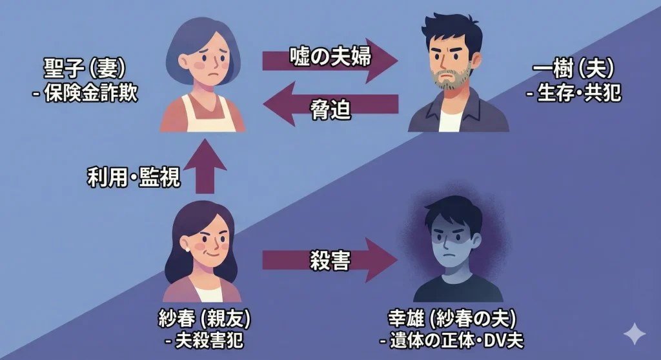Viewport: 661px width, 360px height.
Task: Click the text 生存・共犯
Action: coord(574,93)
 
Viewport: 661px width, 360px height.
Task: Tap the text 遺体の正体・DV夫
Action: coord(452,340)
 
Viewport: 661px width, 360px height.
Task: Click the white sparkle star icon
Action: coord(634,334)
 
